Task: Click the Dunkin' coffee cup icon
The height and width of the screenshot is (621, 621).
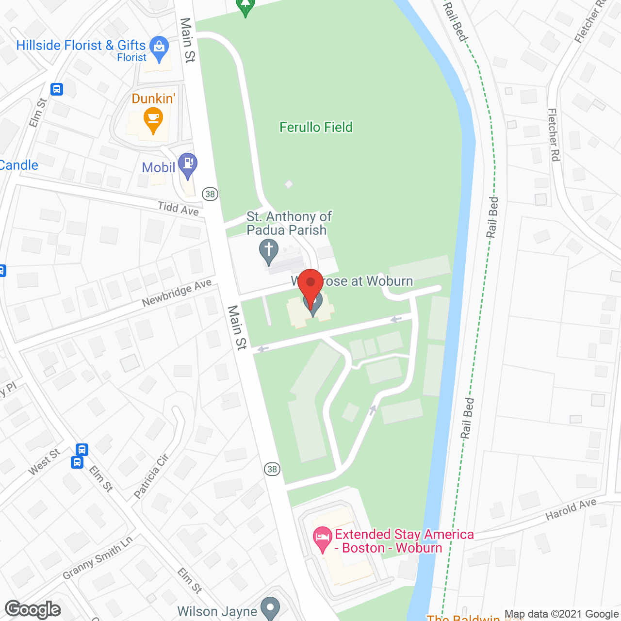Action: tap(153, 118)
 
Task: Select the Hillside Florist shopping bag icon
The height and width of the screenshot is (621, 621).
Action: tap(159, 47)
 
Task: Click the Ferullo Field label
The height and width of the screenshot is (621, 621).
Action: tap(316, 127)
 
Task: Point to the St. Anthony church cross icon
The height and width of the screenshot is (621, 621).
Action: tap(268, 251)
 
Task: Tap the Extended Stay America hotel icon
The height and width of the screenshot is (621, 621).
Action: tap(322, 539)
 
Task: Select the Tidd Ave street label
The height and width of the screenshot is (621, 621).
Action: tap(179, 209)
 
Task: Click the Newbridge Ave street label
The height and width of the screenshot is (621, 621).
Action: tap(177, 293)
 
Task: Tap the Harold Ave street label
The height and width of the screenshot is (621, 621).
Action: tap(571, 509)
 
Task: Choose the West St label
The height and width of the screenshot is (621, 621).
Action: tap(44, 462)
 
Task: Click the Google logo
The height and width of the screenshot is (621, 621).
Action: tap(33, 609)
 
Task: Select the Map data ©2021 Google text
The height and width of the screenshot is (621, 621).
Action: tap(561, 614)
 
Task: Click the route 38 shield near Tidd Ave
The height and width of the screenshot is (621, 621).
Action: tap(210, 194)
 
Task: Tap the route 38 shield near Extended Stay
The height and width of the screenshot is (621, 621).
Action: tap(272, 469)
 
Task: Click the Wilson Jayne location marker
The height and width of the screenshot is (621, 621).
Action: tap(270, 607)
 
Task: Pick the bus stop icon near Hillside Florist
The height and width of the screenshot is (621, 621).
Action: tap(57, 89)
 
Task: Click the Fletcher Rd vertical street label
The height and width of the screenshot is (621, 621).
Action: tap(554, 134)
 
